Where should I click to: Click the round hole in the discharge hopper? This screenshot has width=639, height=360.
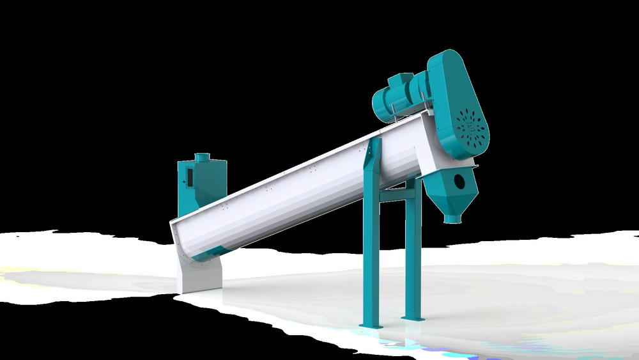click(x=459, y=182)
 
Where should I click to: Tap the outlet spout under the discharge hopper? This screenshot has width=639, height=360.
click(x=452, y=219)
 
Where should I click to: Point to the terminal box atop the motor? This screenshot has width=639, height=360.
click(x=401, y=81)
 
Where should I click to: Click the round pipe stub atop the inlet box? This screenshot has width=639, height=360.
click(x=202, y=157)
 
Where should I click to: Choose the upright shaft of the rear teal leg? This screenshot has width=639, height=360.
click(x=412, y=256)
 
